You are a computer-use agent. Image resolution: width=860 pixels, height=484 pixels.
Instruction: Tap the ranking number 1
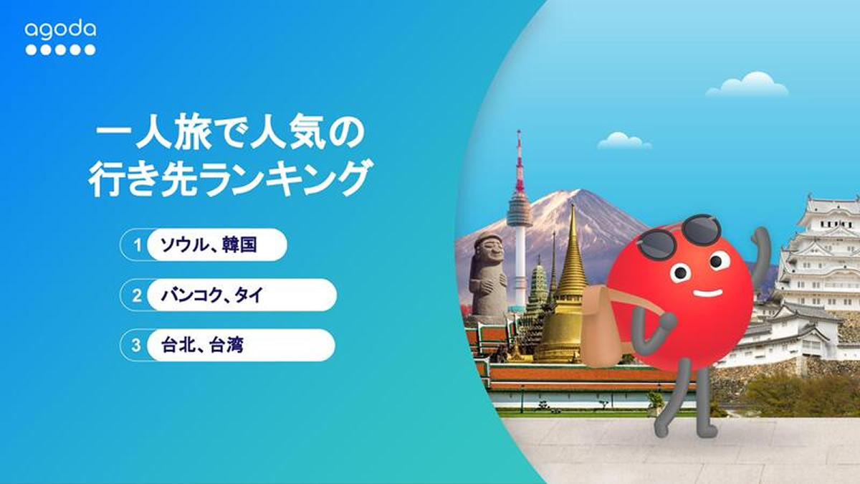click(138, 245)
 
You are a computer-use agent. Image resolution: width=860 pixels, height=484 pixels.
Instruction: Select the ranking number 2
click(137, 295)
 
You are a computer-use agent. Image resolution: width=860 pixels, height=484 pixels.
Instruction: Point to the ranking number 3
click(137, 346)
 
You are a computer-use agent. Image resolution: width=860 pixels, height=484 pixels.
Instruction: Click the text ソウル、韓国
click(209, 245)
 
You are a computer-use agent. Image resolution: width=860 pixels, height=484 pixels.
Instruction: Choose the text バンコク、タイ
click(212, 295)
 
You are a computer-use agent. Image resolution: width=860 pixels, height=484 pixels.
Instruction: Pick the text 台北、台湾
click(202, 345)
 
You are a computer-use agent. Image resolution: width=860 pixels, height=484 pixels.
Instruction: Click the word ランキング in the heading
click(287, 179)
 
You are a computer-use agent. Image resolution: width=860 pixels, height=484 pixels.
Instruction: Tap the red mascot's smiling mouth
click(707, 294)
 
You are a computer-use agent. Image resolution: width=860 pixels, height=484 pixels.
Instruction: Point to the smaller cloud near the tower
click(624, 141)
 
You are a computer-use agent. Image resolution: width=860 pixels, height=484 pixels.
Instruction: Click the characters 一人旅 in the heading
click(153, 136)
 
